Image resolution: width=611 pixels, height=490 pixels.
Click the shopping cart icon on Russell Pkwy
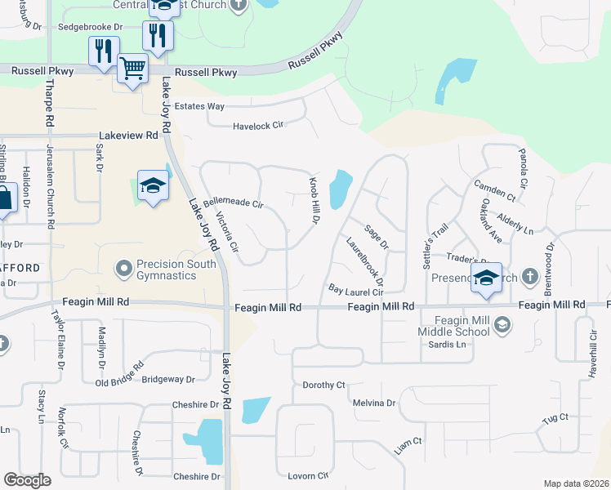[132, 68]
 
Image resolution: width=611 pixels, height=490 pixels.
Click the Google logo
[28, 480]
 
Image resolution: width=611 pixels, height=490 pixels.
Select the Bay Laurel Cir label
[355, 291]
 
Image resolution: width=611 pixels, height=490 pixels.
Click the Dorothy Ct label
[324, 385]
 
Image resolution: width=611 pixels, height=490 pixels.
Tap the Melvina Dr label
[373, 403]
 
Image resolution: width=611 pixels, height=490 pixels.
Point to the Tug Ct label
[555, 419]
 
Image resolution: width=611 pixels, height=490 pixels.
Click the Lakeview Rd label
[128, 135]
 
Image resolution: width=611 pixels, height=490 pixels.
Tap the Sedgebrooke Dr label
[90, 27]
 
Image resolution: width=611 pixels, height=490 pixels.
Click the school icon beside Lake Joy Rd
[153, 187]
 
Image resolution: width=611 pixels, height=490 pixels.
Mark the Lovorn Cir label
[307, 475]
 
